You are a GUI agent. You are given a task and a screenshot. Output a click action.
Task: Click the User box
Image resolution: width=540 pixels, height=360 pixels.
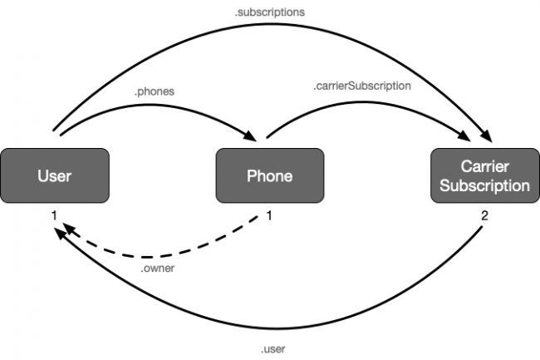click(x=55, y=175)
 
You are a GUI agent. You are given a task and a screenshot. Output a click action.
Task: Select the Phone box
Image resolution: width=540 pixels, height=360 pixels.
click(x=269, y=175)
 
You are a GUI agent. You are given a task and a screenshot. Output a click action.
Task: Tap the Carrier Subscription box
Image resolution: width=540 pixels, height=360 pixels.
click(x=484, y=175)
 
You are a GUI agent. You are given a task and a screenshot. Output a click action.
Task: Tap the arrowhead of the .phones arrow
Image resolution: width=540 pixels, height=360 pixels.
click(x=251, y=136)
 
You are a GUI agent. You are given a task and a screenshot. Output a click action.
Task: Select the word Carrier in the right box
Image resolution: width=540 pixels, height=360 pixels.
click(x=484, y=166)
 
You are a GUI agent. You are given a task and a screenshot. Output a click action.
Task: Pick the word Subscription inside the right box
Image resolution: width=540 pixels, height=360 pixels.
click(x=484, y=185)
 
